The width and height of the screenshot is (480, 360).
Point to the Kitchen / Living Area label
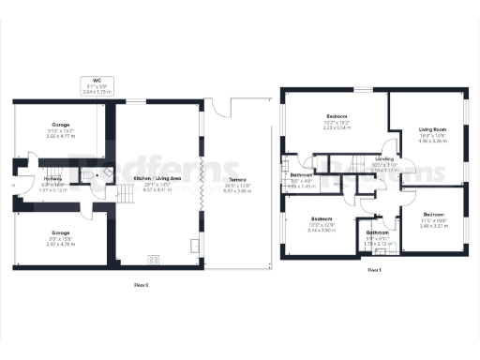point(157,182)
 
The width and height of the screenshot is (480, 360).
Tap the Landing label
point(384,164)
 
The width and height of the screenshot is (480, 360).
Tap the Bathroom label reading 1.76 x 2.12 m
point(378,235)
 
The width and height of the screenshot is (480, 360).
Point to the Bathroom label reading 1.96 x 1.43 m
point(301,180)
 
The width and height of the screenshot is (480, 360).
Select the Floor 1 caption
point(374,270)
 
